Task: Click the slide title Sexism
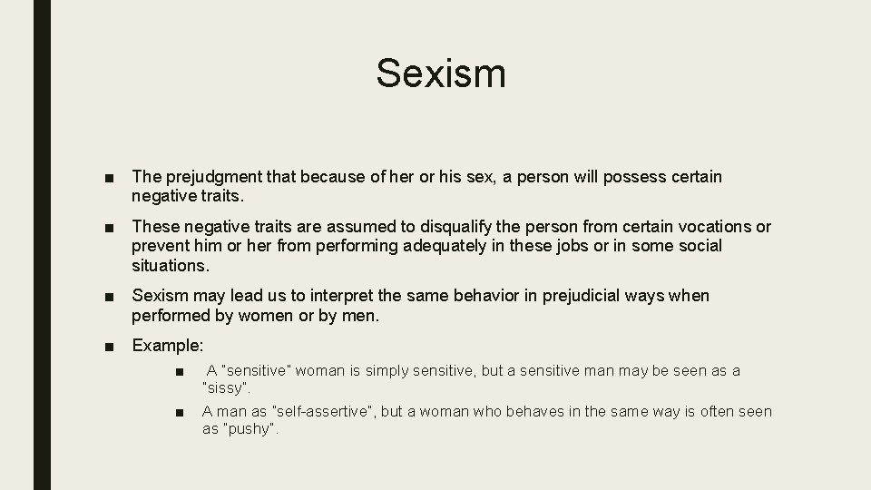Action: tap(441, 73)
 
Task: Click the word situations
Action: tap(170, 267)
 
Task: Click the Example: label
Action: tap(168, 346)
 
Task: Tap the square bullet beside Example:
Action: tap(109, 346)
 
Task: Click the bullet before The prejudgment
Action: tap(109, 177)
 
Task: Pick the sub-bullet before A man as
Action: tap(182, 412)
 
